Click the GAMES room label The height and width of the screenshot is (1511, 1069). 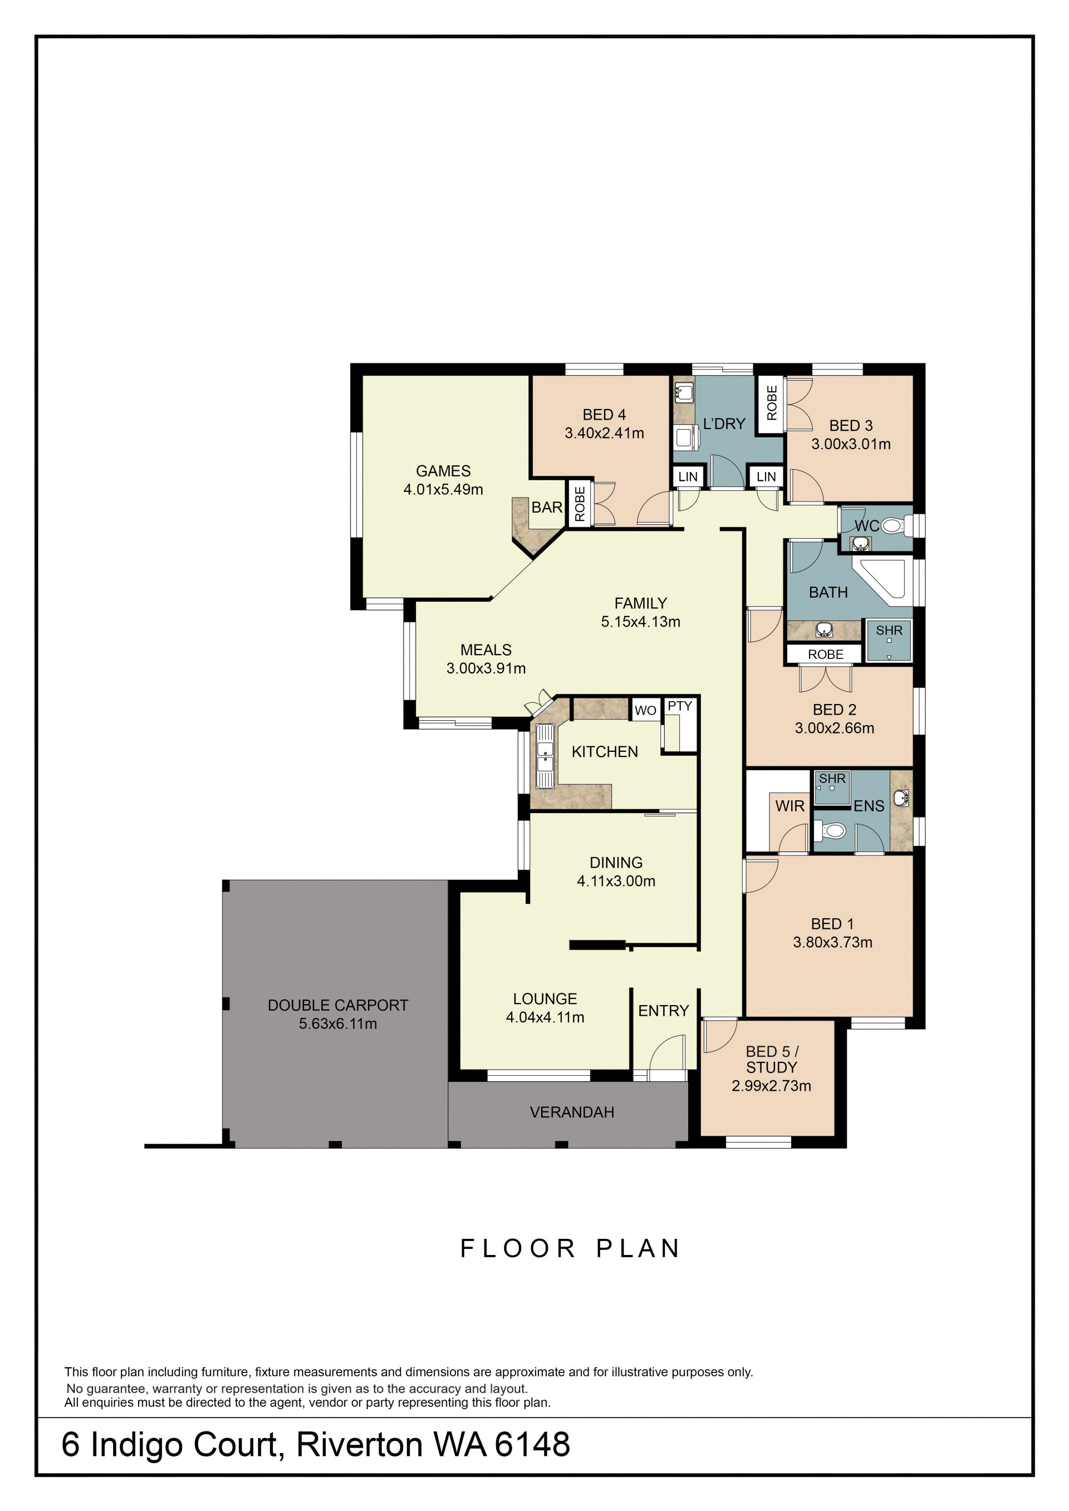[443, 471]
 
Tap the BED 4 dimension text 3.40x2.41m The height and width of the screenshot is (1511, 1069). [604, 433]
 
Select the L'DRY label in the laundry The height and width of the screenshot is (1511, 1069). [724, 424]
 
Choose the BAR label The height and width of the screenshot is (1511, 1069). [547, 508]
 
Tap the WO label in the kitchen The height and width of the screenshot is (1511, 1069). [645, 711]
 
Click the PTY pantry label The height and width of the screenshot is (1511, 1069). [680, 706]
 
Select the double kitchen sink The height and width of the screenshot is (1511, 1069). [545, 756]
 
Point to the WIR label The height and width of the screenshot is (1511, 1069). [790, 806]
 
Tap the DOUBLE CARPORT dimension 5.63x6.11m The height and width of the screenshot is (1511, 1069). [338, 1024]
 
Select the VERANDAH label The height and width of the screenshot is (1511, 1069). [572, 1112]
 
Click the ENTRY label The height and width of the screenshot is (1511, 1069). [664, 1011]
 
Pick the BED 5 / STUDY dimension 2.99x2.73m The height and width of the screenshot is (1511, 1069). [772, 1086]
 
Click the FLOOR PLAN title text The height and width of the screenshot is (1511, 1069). [570, 1248]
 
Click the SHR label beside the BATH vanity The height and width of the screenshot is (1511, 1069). [889, 631]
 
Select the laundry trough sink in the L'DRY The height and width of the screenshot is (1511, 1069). [684, 393]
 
